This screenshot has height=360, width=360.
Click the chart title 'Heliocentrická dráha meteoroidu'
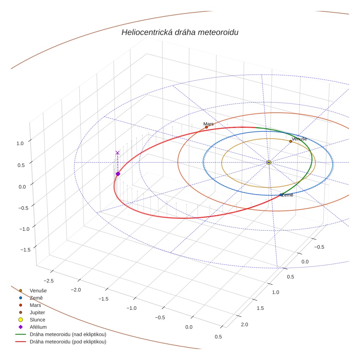pos(180,33)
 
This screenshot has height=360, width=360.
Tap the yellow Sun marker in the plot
pos(269,162)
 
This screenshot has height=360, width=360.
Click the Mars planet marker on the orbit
pos(206,127)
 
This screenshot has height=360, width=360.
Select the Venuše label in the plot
pos(299,139)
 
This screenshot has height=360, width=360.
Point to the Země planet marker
pos(281,195)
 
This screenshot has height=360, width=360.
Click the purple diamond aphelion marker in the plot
pos(118,174)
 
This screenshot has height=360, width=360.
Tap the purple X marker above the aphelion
pos(117,153)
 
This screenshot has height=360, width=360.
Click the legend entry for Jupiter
pos(38,312)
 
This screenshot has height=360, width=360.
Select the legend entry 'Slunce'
pos(37,320)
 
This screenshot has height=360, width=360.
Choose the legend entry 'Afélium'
pos(38,327)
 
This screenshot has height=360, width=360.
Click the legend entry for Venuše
pos(38,290)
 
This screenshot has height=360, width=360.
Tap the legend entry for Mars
pos(35,305)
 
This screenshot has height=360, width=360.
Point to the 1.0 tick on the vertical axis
pos(20,143)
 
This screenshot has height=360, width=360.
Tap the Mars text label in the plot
pos(209,124)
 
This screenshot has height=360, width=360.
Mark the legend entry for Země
pos(36,298)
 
